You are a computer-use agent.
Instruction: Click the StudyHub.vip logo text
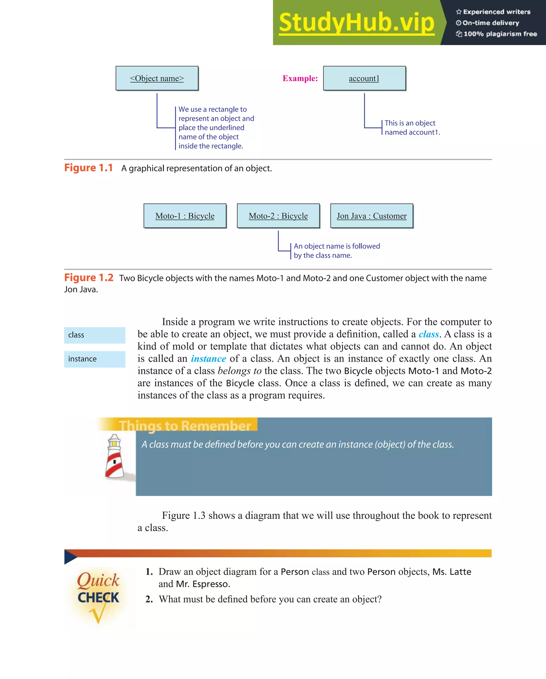pyautogui.click(x=356, y=23)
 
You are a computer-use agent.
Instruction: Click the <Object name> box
pyautogui.click(x=157, y=78)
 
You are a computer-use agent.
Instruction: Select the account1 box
pyautogui.click(x=364, y=78)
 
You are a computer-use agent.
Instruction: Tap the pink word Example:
pyautogui.click(x=300, y=78)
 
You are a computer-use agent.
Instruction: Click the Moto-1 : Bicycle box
pyautogui.click(x=185, y=216)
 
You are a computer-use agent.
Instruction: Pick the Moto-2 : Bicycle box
pyautogui.click(x=278, y=216)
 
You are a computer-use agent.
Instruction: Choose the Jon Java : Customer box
pyautogui.click(x=371, y=216)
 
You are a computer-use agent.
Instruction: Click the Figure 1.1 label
pyautogui.click(x=89, y=168)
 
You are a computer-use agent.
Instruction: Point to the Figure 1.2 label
pyautogui.click(x=89, y=277)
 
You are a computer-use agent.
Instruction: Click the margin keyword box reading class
pyautogui.click(x=94, y=335)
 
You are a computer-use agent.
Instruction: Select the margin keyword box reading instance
pyautogui.click(x=94, y=359)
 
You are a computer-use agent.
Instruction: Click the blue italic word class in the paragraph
pyautogui.click(x=429, y=334)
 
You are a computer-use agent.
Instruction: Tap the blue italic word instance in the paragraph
pyautogui.click(x=208, y=359)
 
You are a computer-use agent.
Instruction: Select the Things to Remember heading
pyautogui.click(x=185, y=426)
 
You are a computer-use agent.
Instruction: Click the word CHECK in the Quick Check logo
pyautogui.click(x=98, y=597)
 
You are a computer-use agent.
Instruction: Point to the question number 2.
pyautogui.click(x=149, y=599)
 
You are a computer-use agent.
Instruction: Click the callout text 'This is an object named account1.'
pyautogui.click(x=412, y=128)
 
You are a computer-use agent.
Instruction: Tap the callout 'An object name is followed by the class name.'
pyautogui.click(x=336, y=251)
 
